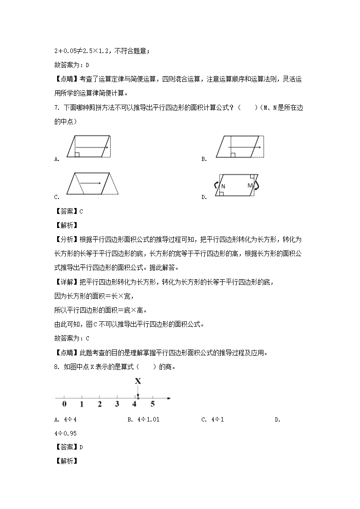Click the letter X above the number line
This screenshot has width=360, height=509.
pos(137,381)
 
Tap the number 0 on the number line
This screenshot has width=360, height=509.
pos(64,404)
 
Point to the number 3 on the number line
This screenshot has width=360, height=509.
pos(117,404)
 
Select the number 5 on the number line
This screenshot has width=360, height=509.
pos(153,404)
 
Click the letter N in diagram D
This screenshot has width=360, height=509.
pos(223,186)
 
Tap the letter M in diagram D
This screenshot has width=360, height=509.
pos(250,186)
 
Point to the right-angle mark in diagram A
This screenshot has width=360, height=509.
pos(77,155)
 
